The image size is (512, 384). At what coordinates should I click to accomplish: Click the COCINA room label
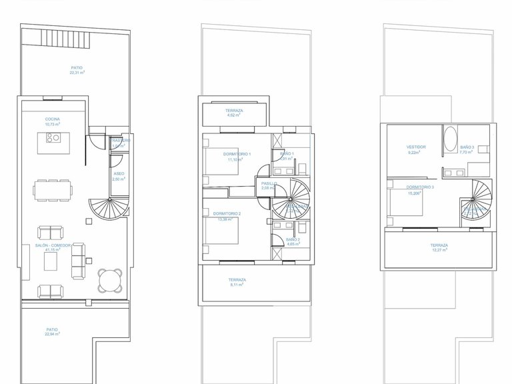53,119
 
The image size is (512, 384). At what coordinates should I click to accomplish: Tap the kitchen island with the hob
51,139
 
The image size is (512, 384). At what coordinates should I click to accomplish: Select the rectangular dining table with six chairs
52,189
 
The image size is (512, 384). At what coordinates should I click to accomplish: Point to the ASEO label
119,173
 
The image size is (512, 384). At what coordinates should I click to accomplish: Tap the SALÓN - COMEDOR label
54,245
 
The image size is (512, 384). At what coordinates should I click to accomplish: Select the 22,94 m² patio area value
53,333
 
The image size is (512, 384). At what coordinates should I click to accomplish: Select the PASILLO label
269,183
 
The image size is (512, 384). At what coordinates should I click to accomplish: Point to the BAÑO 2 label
293,239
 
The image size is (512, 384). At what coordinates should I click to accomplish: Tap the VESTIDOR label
416,147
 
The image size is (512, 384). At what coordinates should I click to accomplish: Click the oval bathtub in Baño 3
450,139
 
